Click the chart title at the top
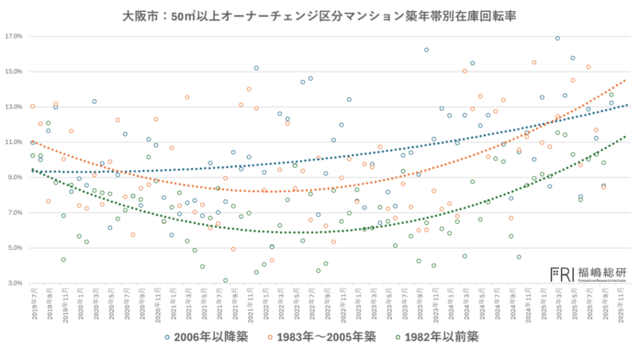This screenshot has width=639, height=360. point(319,16)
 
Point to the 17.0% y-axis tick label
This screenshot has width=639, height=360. point(14,37)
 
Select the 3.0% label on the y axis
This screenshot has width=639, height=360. point(14,283)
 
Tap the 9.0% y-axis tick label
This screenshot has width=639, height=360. point(14,177)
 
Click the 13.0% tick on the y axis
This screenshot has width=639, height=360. point(14,107)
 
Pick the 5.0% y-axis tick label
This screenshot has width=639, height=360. point(14,248)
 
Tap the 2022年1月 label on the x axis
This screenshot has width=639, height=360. point(264,303)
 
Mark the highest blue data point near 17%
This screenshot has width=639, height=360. point(557,39)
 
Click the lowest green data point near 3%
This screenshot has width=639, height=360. point(225,281)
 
